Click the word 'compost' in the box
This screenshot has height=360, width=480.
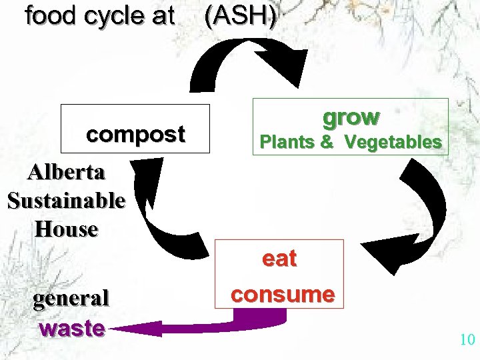point(135,135)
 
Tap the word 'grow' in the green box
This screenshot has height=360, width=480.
point(351,117)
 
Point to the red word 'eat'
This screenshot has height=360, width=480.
point(279,259)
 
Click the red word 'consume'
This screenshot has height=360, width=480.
point(281,294)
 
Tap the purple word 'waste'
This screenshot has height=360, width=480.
point(72,329)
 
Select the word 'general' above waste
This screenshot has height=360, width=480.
point(71,299)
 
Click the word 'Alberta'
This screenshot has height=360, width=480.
point(66,172)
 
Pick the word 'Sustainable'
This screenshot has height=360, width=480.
point(66,200)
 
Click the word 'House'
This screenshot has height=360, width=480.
point(66,229)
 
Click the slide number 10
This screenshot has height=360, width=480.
point(467,340)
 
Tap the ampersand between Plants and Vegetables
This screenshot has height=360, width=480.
point(327,142)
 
